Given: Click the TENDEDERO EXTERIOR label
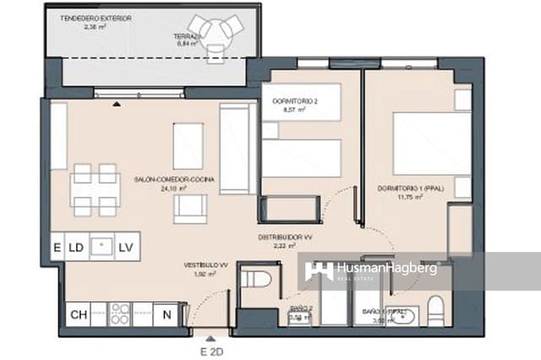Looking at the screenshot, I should (96, 19).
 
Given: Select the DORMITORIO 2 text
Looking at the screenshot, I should (293, 101).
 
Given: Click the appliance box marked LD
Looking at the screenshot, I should (76, 247).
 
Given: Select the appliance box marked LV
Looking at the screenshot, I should (126, 247).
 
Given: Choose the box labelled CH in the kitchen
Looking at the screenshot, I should (79, 314).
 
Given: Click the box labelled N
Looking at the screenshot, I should (167, 314).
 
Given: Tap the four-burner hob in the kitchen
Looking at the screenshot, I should (120, 314).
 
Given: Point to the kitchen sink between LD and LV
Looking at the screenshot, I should (101, 247).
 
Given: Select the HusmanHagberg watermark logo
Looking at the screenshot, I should (372, 270).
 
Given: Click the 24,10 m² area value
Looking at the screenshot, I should (171, 189).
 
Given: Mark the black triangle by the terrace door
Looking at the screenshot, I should (117, 103).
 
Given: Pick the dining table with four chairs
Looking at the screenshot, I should (95, 189).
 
